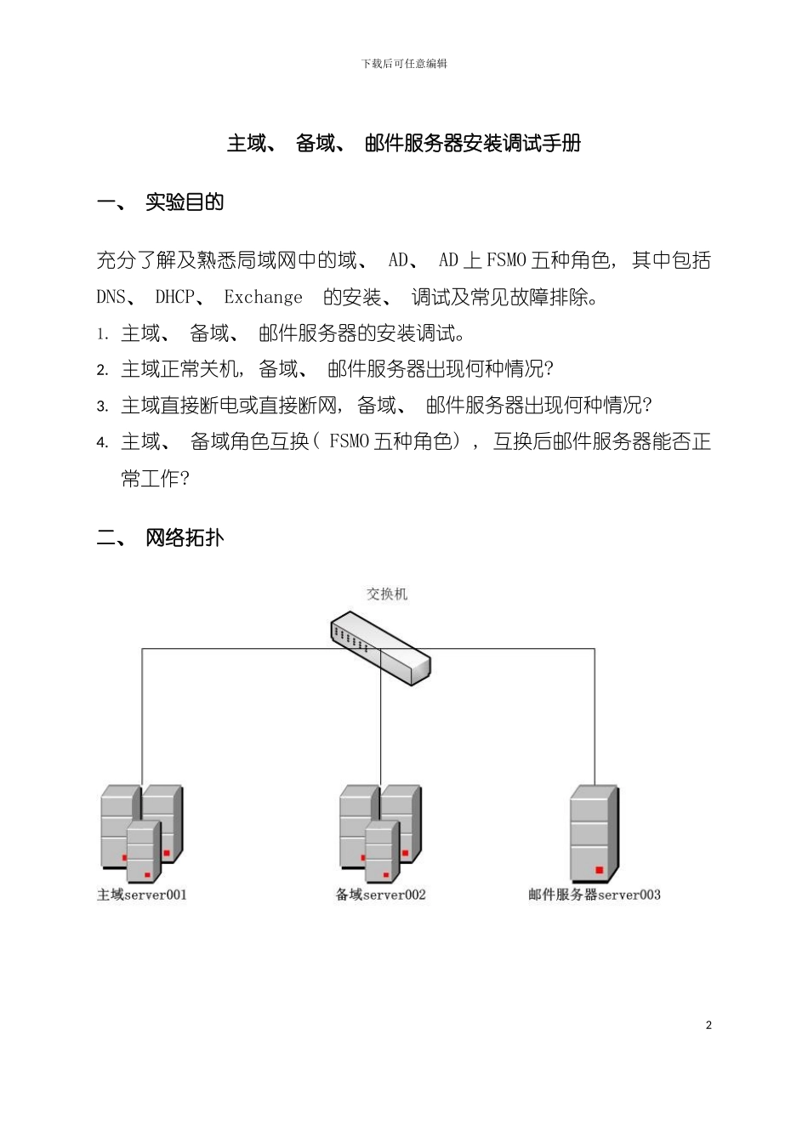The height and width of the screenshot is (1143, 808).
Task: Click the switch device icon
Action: tap(380, 646)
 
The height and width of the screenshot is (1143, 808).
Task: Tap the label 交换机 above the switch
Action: tap(387, 594)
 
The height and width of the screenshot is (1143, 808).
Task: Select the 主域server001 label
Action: tap(141, 895)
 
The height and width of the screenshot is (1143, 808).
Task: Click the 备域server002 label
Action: tap(380, 895)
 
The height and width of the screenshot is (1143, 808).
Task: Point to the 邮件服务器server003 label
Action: tap(594, 895)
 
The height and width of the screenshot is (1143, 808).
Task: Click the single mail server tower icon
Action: tap(594, 833)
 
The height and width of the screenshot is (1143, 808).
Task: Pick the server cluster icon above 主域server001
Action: tap(141, 833)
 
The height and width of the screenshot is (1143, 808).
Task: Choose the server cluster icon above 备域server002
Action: tap(380, 833)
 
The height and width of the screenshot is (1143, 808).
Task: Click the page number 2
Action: tap(708, 1025)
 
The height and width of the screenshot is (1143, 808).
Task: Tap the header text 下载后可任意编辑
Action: tap(404, 64)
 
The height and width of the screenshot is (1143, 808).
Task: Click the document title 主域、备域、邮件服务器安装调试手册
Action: tap(404, 144)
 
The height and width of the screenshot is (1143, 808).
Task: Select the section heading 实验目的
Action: tap(185, 202)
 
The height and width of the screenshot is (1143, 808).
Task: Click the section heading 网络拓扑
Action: tap(185, 537)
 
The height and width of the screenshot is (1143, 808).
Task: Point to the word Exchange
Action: tap(263, 298)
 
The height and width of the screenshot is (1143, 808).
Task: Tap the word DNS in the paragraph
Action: tap(111, 298)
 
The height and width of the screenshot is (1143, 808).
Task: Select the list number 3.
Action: tap(102, 407)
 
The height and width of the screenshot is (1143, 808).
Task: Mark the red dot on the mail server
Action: tap(600, 870)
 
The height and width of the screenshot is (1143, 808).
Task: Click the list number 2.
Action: tap(102, 370)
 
